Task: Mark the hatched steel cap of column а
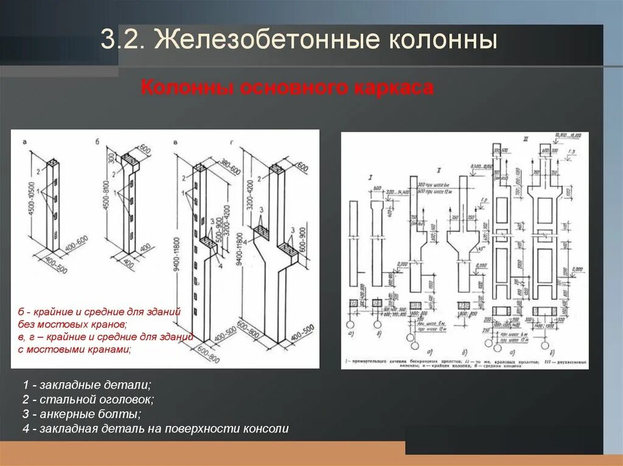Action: pyautogui.click(x=53, y=163)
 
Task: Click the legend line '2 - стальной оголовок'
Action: pyautogui.click(x=88, y=400)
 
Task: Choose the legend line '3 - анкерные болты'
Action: pyautogui.click(x=82, y=414)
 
